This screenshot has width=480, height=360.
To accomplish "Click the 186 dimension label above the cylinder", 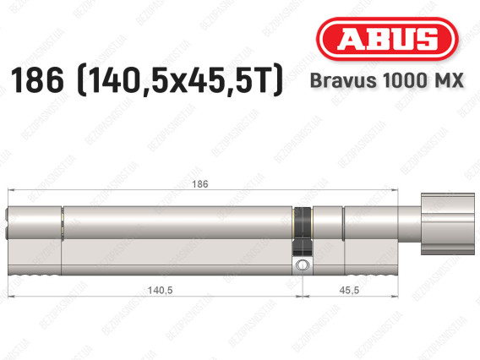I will [201, 184].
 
